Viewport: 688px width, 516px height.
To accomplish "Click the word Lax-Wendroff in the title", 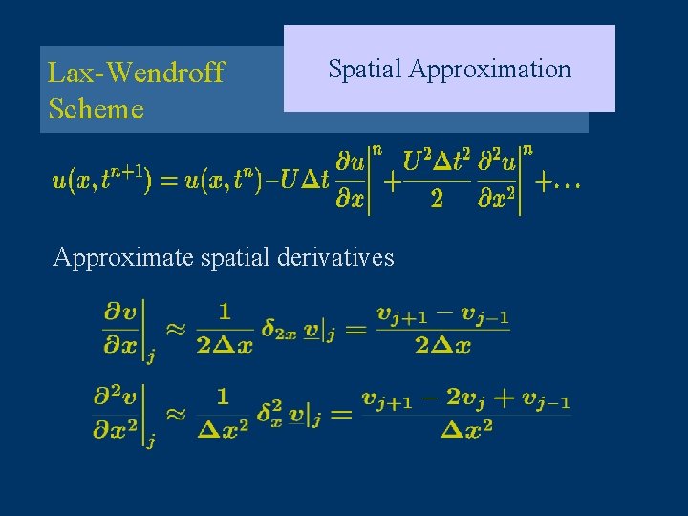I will click(136, 73).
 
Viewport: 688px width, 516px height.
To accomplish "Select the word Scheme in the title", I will click(96, 109).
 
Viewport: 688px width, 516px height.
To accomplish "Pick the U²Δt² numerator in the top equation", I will click(437, 161).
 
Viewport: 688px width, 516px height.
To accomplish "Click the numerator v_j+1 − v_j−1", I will click(442, 312).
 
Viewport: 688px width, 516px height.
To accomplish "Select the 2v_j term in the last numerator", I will click(464, 399).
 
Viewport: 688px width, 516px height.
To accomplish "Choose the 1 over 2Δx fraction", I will click(225, 328).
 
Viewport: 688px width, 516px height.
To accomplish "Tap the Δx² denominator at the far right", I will click(467, 429).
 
